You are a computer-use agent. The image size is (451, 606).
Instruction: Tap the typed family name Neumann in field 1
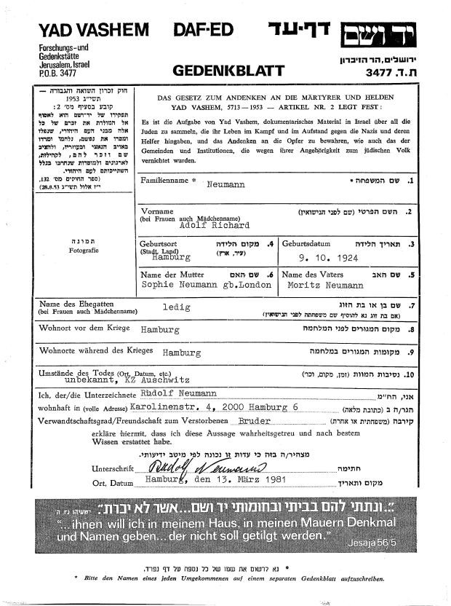225,186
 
